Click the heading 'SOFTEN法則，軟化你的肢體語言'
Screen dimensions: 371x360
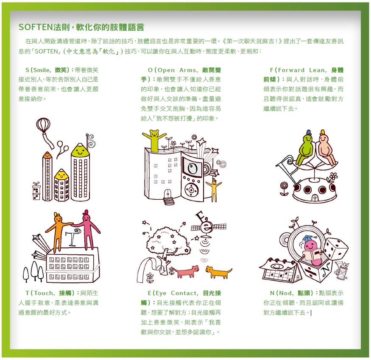(81, 28)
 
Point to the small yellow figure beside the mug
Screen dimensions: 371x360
(214, 187)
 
